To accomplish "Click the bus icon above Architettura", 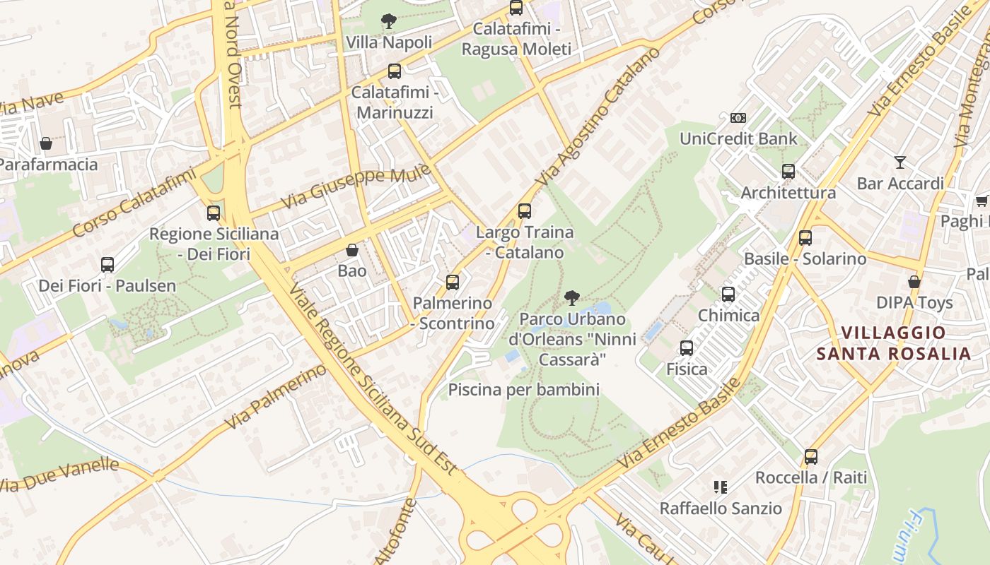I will (x=788, y=171).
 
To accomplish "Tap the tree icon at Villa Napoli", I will (x=388, y=21).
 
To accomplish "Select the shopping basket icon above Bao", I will (x=352, y=250).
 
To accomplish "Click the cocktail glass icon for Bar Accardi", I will (x=899, y=162).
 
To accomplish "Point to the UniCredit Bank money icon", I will (x=738, y=117).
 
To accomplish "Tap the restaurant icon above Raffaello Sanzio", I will (x=721, y=487).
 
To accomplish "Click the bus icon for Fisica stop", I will (x=686, y=347).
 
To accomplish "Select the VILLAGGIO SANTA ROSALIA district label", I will (x=893, y=343).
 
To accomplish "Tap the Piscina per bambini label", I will (x=523, y=389).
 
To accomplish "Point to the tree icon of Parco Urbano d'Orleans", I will (x=572, y=297).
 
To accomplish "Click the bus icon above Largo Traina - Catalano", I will (x=524, y=210).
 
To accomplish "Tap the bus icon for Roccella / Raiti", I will (x=810, y=456).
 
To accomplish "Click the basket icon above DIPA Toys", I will (x=914, y=281).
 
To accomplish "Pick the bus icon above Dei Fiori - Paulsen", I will (x=107, y=265).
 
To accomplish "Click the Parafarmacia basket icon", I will (x=46, y=143).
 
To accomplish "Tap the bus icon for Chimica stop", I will (x=728, y=295).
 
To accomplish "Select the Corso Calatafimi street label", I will (x=134, y=201).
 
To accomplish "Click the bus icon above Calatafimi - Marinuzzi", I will (x=395, y=71).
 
